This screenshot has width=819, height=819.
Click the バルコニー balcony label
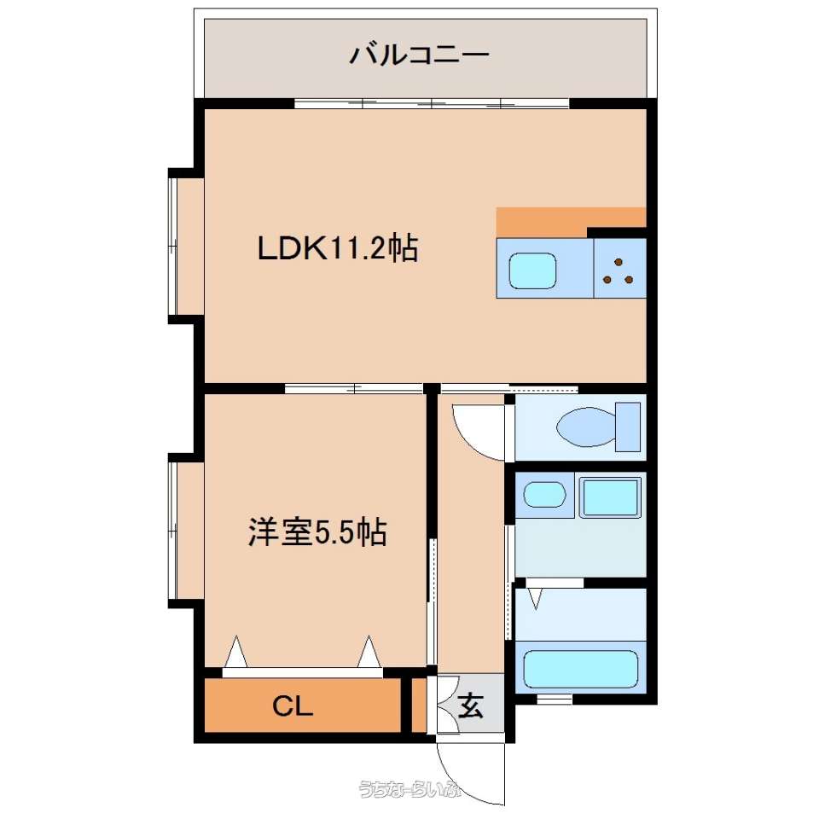(x=420, y=55)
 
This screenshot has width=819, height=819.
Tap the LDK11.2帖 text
(x=338, y=248)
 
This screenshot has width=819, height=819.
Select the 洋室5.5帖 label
(x=317, y=532)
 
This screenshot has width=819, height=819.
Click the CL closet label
(x=293, y=706)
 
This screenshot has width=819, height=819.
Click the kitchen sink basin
(x=532, y=271)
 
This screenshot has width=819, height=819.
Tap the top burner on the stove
(x=619, y=262)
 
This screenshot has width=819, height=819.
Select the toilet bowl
(x=586, y=427)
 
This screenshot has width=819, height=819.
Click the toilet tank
(x=628, y=427)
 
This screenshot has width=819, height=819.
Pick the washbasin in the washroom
(x=544, y=495)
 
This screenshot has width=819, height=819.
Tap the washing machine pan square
(x=610, y=497)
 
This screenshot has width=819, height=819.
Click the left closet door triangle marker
(x=236, y=653)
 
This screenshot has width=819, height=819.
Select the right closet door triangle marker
(x=369, y=653)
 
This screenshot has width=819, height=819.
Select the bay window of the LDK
(x=185, y=247)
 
